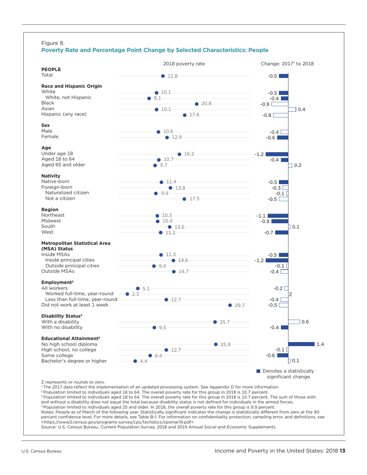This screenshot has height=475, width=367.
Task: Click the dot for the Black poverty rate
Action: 197,103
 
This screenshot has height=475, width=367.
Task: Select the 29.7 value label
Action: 240,305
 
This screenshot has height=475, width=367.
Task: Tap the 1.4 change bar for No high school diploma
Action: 301,344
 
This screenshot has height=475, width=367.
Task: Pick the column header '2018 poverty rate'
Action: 184,64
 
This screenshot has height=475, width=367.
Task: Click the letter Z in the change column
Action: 291,295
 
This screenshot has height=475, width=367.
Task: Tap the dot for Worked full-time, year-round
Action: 127,294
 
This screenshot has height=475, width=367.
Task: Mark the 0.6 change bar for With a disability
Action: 294,322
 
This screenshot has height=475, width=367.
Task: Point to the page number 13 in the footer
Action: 342,451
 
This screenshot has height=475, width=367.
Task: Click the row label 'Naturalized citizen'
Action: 67,192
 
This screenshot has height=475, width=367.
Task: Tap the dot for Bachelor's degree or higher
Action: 135,361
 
